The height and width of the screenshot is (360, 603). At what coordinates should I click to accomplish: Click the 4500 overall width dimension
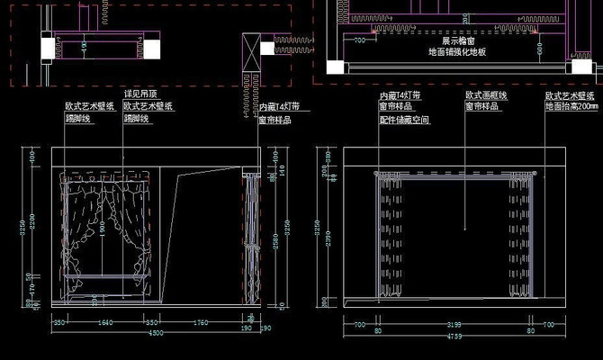(x=156, y=333)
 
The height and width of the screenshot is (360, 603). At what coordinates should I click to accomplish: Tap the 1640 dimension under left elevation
(x=104, y=321)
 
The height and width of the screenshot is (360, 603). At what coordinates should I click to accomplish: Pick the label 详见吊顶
(x=140, y=94)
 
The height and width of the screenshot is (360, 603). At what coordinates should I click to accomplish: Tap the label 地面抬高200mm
(x=571, y=106)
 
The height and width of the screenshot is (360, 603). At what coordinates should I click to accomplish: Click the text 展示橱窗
(x=457, y=40)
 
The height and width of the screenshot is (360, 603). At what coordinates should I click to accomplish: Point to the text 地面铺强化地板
(x=457, y=52)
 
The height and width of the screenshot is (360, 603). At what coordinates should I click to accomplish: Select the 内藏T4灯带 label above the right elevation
(x=401, y=94)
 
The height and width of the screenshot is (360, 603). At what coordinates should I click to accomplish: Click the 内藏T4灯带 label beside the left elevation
(x=279, y=106)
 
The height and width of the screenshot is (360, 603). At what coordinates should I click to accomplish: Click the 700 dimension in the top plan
(x=359, y=40)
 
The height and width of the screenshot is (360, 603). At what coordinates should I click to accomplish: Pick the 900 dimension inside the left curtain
(x=103, y=229)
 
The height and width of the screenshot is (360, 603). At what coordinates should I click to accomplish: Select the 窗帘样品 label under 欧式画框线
(x=482, y=106)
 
